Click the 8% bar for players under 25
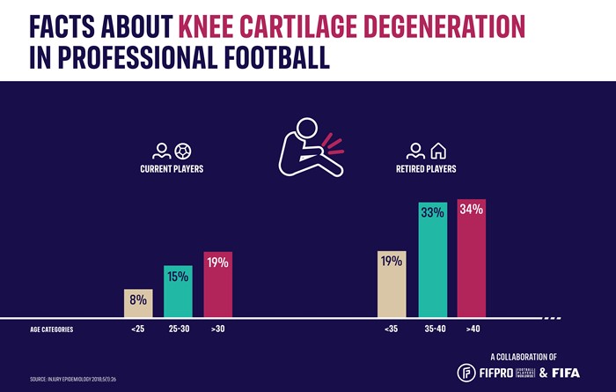138,303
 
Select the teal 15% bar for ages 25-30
178,291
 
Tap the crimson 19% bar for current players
217,284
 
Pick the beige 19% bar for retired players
392,284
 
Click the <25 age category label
138,330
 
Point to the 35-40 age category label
431,330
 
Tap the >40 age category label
472,330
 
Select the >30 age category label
217,330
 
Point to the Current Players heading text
172,168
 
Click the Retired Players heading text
426,168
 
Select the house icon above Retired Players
437,150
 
